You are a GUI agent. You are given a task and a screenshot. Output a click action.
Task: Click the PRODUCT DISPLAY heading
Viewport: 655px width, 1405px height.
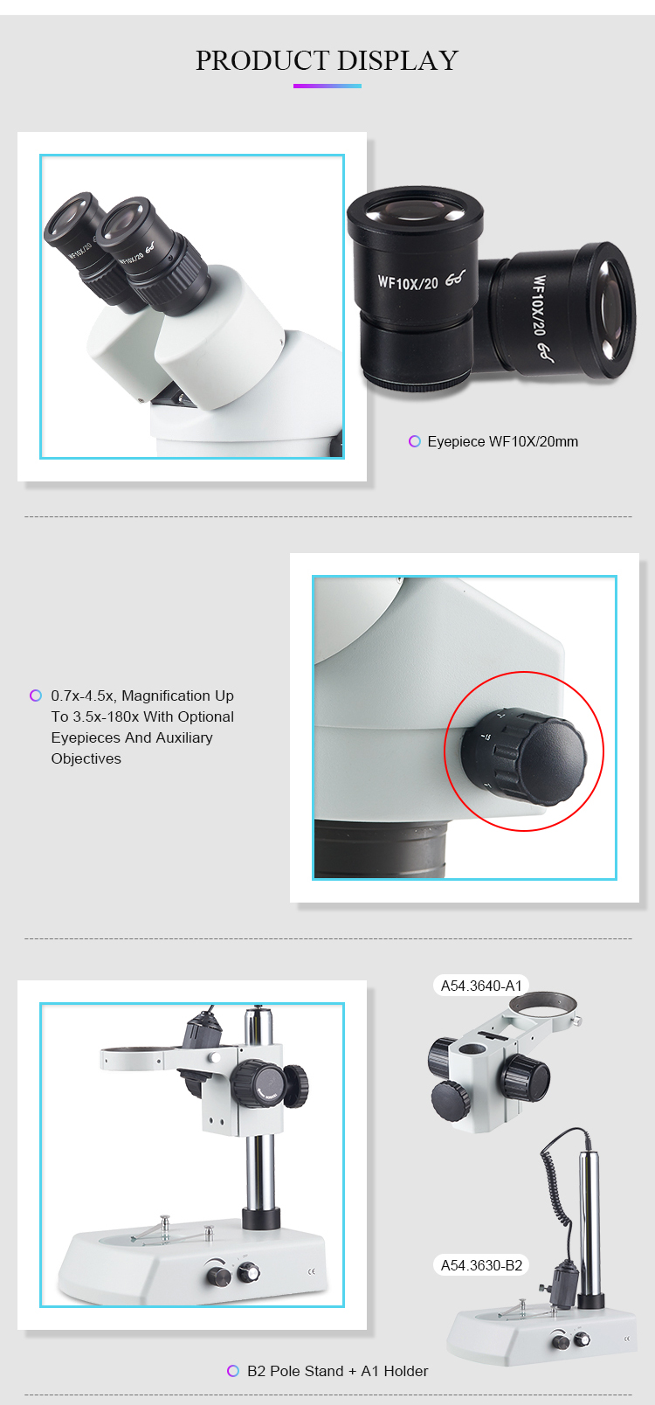tap(327, 60)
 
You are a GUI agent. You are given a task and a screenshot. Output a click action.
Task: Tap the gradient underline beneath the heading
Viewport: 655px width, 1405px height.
tap(327, 86)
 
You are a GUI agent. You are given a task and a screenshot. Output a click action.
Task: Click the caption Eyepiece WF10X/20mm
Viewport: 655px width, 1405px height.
tap(503, 441)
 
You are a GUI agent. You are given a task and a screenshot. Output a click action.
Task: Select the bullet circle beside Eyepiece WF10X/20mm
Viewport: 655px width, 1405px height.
tap(414, 441)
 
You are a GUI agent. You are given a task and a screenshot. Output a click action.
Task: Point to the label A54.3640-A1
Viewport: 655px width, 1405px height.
tap(481, 986)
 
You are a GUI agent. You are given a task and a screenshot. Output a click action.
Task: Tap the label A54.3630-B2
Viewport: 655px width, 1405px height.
tap(481, 1265)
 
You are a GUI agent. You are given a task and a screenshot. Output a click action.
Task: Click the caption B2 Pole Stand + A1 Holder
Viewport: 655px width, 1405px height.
tap(337, 1371)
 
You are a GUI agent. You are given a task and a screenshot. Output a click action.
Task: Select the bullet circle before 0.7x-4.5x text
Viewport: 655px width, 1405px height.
tap(36, 696)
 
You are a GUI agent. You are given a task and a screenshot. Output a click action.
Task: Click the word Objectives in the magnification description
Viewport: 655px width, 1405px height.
tap(86, 759)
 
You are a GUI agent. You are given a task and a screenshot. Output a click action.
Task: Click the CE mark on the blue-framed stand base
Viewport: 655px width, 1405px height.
tap(312, 1271)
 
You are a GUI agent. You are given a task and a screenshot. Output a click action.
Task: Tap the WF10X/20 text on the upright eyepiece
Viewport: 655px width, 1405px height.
tap(408, 282)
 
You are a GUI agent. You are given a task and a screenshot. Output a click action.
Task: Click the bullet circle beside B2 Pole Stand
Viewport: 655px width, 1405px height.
tap(232, 1371)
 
